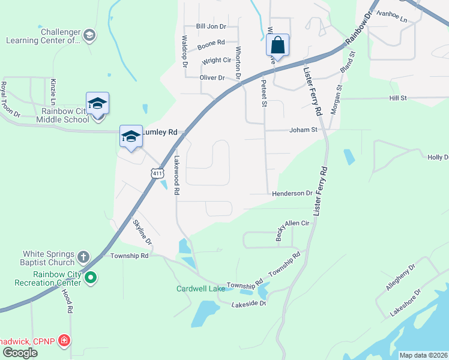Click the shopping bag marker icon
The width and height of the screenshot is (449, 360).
tap(277, 45)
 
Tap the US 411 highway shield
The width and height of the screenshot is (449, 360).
tap(157, 173)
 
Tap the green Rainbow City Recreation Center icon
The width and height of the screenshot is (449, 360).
tap(91, 277)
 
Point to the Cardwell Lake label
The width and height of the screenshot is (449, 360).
tap(200, 289)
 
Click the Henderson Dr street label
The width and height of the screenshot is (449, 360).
tap(292, 193)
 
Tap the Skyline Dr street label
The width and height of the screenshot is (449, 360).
tap(142, 230)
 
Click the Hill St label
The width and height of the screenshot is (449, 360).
tap(398, 98)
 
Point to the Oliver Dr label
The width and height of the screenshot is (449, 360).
tap(212, 78)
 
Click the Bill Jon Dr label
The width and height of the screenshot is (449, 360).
tap(211, 26)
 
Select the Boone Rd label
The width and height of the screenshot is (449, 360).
tap(211, 43)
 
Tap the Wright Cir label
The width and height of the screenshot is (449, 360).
tap(216, 61)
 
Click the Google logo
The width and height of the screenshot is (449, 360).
tap(19, 353)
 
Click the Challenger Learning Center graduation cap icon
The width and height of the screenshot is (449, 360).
tap(89, 35)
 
